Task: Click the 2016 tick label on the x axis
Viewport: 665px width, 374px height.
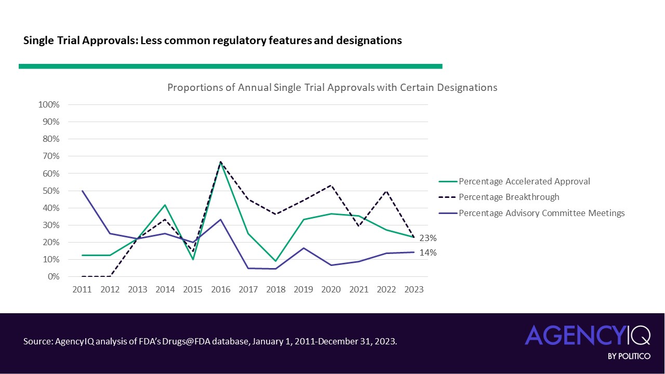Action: pos(220,290)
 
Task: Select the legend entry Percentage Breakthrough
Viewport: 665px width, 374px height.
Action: pos(509,197)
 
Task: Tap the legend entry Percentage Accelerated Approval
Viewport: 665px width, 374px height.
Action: pos(524,182)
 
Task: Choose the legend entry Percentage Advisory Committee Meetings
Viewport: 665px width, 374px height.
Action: pos(541,213)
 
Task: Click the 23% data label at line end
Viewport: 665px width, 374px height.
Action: pos(428,238)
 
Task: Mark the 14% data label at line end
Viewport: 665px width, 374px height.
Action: pos(428,253)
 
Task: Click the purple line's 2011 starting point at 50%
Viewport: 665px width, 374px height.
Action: pos(82,191)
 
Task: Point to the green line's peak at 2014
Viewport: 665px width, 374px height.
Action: pos(165,205)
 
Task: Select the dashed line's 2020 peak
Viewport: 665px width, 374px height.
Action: pos(331,185)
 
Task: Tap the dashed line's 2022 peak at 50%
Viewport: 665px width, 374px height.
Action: pos(387,191)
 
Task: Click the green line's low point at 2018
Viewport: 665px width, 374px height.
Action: pos(276,261)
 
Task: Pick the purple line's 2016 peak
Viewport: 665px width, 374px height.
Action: pos(220,219)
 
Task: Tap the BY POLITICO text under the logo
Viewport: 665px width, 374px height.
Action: pos(629,356)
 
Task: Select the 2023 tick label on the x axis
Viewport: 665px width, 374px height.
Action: pos(414,290)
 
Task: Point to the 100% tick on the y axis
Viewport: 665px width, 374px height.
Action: pos(49,105)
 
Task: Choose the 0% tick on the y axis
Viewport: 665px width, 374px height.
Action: pos(53,277)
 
